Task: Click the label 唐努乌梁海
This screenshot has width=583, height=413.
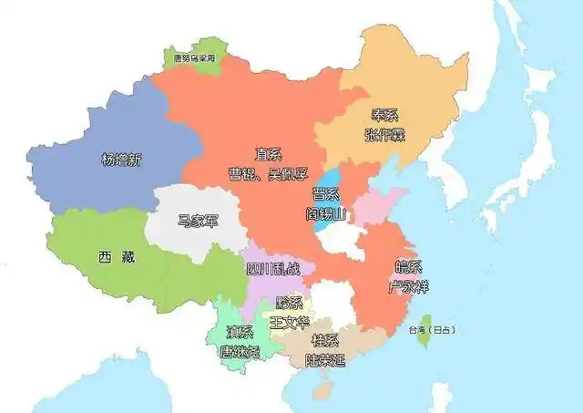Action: tap(194, 57)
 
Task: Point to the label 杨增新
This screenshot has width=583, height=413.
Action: tap(121, 159)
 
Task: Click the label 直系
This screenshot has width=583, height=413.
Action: tap(267, 156)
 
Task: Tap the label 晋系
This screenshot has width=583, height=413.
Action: tap(325, 194)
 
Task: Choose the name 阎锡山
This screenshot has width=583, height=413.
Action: tap(325, 214)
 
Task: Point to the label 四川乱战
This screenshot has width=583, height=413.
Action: tap(271, 269)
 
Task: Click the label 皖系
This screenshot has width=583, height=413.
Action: tap(407, 267)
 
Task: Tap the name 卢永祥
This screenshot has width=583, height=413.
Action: tap(407, 286)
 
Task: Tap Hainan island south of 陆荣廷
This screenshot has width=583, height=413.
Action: tap(322, 390)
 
